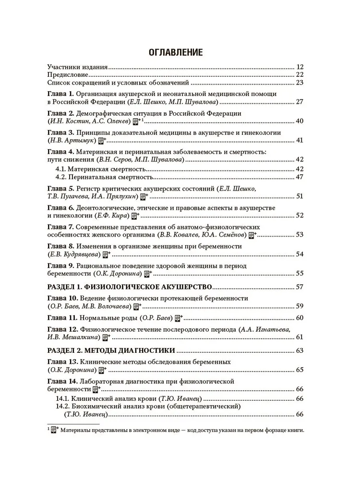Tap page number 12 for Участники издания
click(x=300, y=67)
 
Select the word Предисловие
click(x=68, y=75)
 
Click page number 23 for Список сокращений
click(x=300, y=83)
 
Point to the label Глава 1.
click(x=60, y=94)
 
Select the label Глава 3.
click(x=60, y=132)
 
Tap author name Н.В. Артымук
click(x=72, y=140)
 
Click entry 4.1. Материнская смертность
click(x=97, y=169)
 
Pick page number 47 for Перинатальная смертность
click(x=300, y=177)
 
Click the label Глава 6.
click(x=60, y=208)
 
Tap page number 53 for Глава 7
click(x=300, y=235)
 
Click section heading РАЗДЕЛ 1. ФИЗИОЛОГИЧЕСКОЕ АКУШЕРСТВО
click(x=130, y=287)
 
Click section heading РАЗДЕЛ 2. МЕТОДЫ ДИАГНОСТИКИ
click(x=110, y=350)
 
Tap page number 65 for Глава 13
click(x=300, y=370)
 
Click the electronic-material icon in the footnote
click(x=55, y=431)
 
